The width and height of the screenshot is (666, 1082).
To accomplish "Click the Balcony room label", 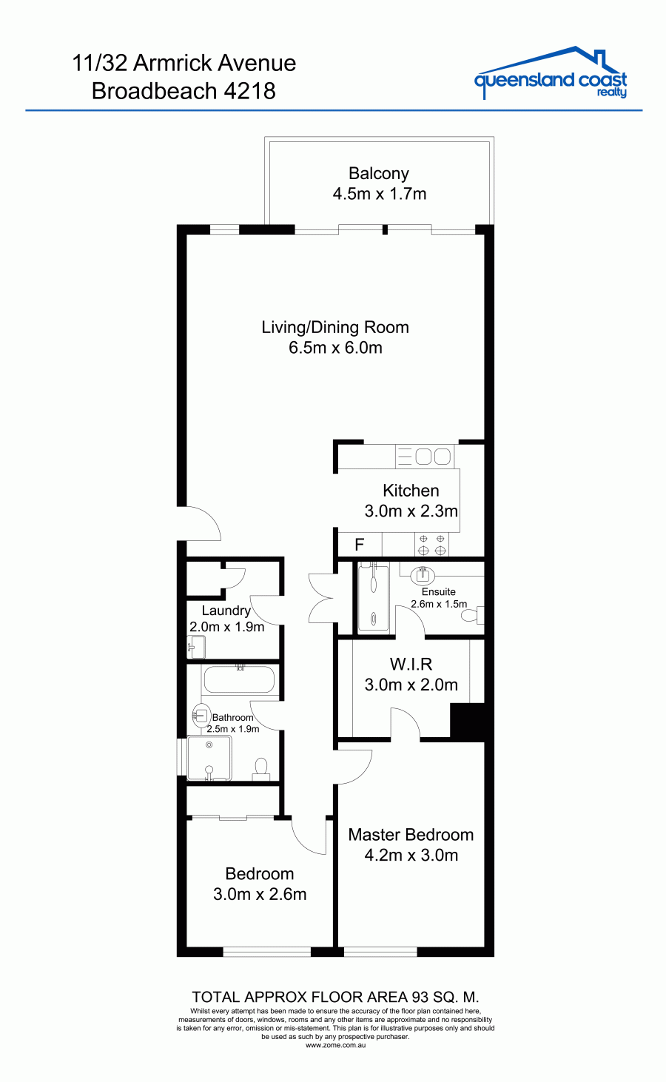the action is pyautogui.click(x=379, y=173).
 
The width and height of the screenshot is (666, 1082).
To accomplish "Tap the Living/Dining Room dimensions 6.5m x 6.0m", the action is pyautogui.click(x=335, y=348).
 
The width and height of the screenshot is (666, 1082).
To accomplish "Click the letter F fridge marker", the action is pyautogui.click(x=359, y=545).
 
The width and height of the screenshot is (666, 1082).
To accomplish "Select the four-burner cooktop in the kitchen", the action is pyautogui.click(x=431, y=545).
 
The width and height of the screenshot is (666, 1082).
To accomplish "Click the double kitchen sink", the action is pyautogui.click(x=424, y=457).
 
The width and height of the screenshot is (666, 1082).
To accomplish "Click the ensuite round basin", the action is pyautogui.click(x=423, y=575).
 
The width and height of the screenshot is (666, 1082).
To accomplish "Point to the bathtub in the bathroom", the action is pyautogui.click(x=240, y=679).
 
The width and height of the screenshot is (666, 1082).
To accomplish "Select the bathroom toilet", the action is pyautogui.click(x=261, y=769).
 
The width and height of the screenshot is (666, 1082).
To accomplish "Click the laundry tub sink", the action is pyautogui.click(x=197, y=648).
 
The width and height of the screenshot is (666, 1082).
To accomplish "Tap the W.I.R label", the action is pyautogui.click(x=411, y=664).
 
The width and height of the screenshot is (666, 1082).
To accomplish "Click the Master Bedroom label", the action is pyautogui.click(x=411, y=835).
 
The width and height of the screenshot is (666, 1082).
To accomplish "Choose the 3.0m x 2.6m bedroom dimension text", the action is pyautogui.click(x=260, y=894).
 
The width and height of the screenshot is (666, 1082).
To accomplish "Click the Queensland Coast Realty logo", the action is pyautogui.click(x=551, y=73).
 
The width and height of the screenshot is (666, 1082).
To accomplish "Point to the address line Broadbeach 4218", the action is pyautogui.click(x=184, y=91).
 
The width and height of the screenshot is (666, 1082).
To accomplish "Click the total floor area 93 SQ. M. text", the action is pyautogui.click(x=335, y=997).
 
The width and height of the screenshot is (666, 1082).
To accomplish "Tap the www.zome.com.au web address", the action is pyautogui.click(x=336, y=1045).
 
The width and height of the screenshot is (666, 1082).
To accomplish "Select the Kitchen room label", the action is pyautogui.click(x=411, y=491).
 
